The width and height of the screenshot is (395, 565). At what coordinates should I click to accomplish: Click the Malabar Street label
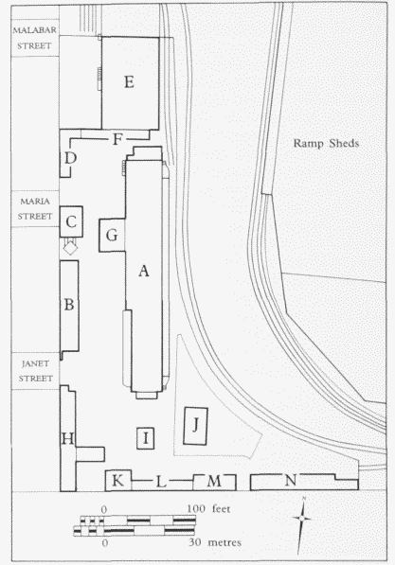tap(35, 38)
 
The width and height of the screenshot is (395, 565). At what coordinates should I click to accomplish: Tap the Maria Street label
tap(35, 208)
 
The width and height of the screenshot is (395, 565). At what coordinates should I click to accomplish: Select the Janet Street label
tap(35, 371)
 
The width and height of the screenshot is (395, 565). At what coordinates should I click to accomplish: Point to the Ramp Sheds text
tap(326, 144)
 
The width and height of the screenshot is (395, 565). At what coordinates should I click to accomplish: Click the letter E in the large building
tap(129, 82)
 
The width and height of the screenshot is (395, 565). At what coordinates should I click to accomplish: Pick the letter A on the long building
tap(144, 271)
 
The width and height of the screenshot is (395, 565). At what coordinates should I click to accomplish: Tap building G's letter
tap(112, 236)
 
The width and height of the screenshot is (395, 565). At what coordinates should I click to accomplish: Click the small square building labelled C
tap(71, 221)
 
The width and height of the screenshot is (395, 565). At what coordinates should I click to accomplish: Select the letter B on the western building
tap(69, 305)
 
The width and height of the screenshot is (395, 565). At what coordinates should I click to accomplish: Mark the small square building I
tap(145, 438)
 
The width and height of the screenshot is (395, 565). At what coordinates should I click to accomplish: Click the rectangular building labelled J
tap(195, 426)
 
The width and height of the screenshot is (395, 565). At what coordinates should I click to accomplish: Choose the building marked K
tap(118, 481)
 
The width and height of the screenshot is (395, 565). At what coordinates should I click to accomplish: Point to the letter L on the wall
tap(161, 482)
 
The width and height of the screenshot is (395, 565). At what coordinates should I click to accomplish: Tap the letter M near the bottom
tap(214, 481)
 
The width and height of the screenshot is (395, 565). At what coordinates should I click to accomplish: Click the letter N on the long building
tap(291, 480)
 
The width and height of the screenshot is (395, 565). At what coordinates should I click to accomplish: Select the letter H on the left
tap(68, 439)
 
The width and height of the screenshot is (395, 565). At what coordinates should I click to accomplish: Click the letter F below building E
tap(117, 139)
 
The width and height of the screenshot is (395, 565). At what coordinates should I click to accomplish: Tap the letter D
tap(70, 158)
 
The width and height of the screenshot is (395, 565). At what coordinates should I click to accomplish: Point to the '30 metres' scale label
tap(215, 542)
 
